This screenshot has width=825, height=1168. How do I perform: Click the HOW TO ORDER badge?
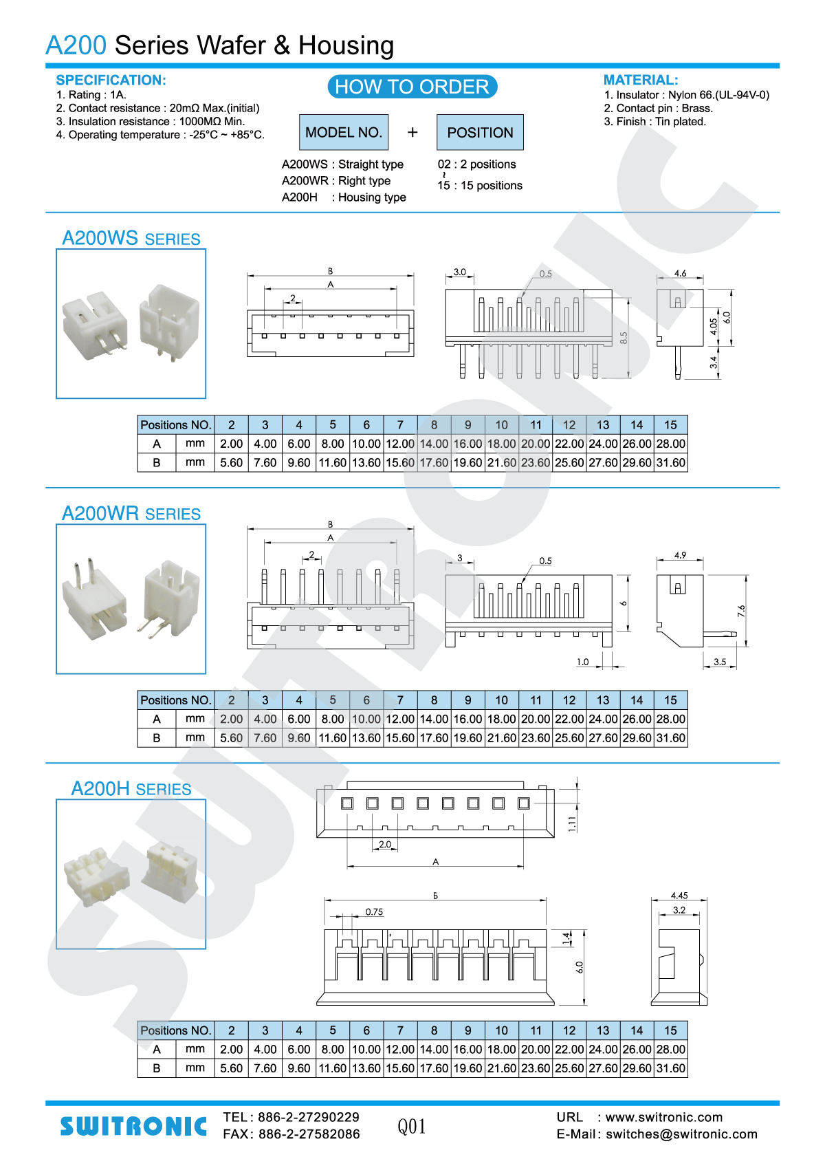point(412,87)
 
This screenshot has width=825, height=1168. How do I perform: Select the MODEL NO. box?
point(343,132)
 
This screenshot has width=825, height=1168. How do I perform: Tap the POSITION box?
point(480,132)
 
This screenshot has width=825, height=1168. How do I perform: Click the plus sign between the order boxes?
point(412,132)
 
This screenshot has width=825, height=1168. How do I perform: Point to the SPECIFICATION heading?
point(111,80)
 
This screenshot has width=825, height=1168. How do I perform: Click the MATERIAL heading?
point(640,80)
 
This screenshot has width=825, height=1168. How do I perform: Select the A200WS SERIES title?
point(131,239)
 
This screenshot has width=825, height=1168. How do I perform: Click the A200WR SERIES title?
point(131,514)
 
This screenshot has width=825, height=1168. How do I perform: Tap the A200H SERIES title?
point(131,789)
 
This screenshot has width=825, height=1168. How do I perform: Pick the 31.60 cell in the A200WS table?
point(670,463)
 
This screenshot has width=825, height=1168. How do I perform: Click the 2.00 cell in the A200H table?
point(232,1050)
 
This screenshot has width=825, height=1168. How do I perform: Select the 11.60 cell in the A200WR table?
point(333,738)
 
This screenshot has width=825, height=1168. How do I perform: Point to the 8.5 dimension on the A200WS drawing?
point(624,338)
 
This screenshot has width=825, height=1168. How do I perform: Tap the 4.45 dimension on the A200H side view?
point(679,896)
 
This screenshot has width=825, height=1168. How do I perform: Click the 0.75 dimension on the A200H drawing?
point(374,912)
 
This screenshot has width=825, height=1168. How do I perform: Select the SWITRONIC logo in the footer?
point(133,1126)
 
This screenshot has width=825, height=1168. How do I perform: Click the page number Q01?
point(412,1127)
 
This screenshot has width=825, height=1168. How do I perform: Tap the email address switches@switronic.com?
point(681,1134)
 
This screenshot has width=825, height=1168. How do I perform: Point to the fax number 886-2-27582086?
point(309,1134)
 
